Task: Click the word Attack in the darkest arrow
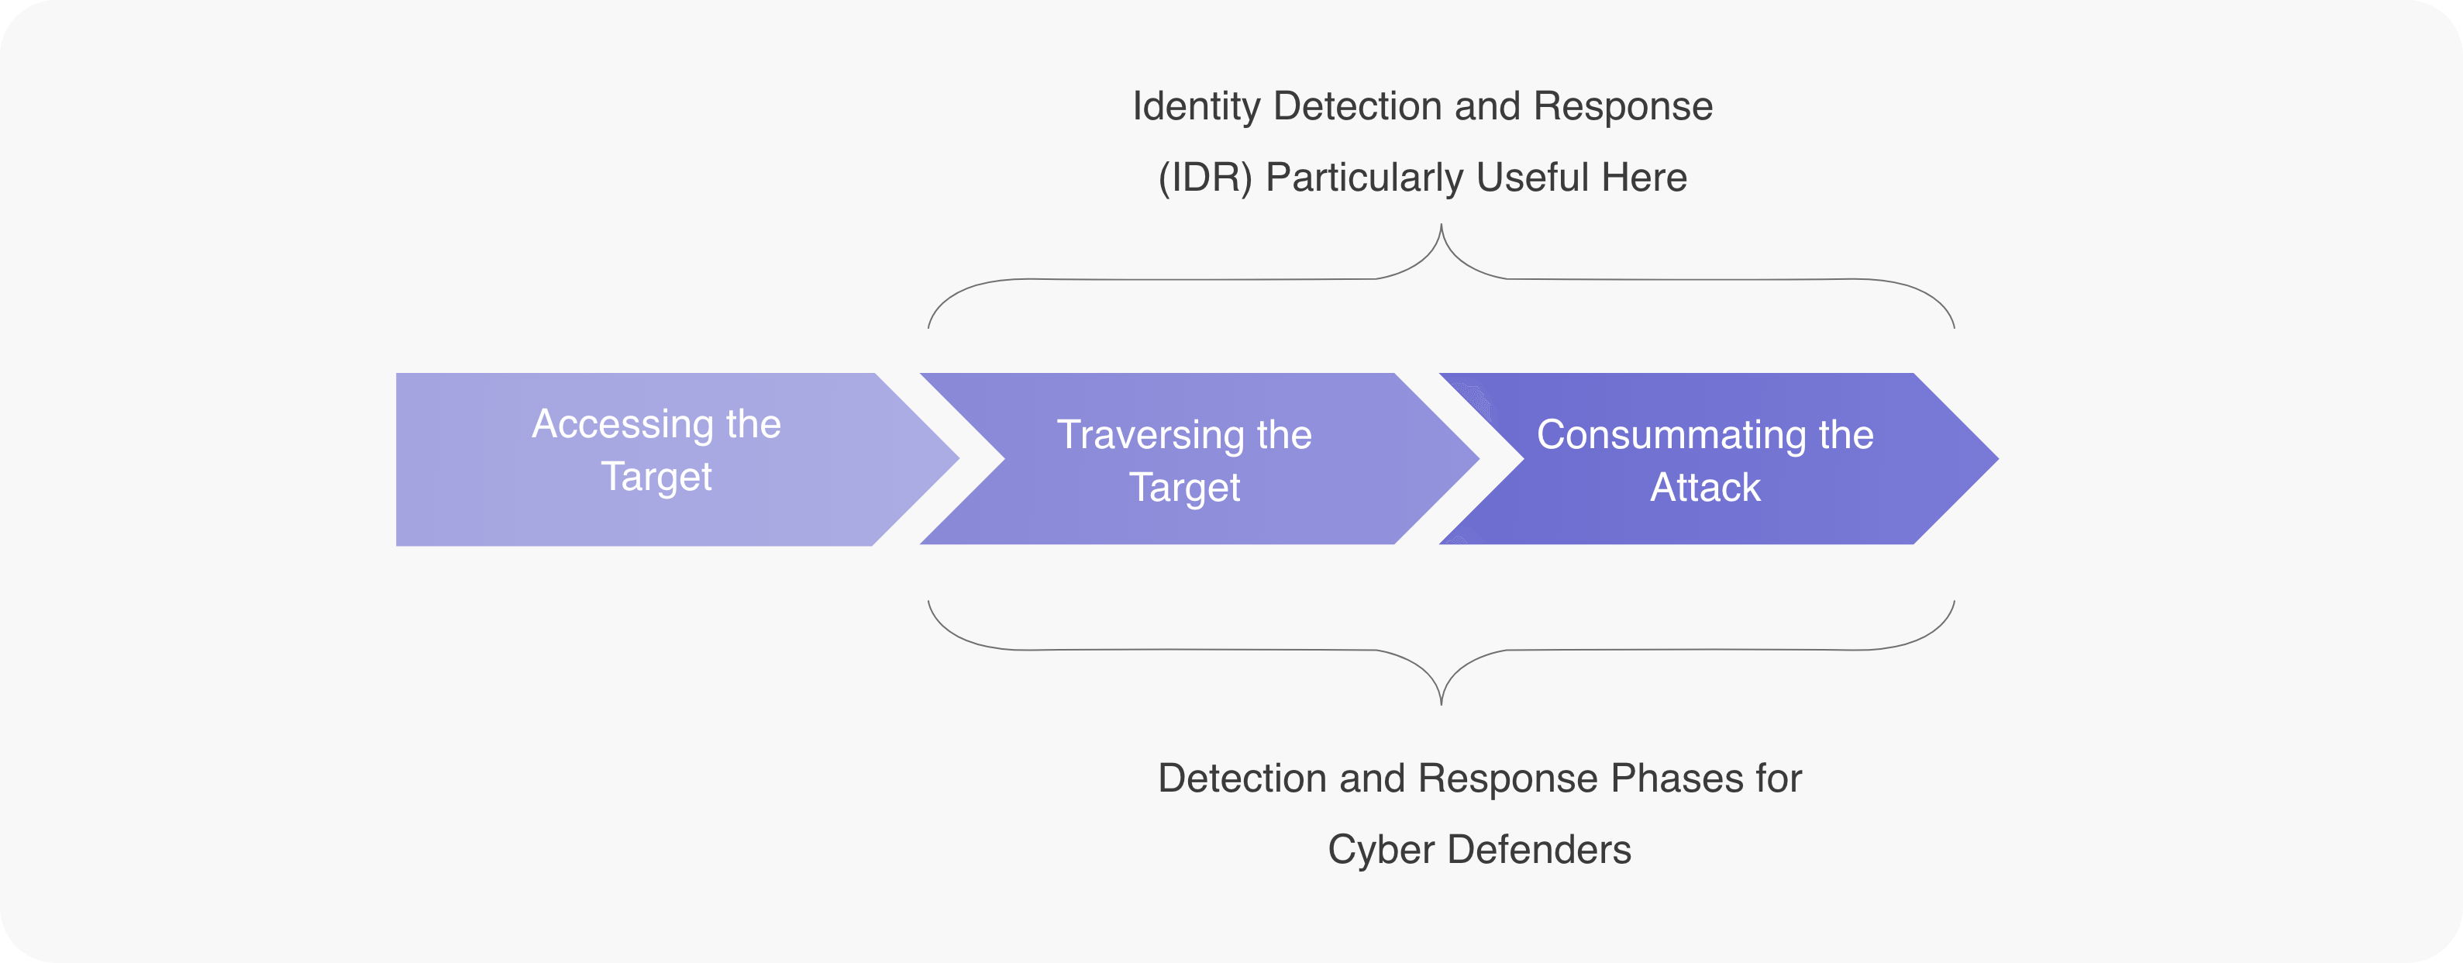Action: tap(1705, 488)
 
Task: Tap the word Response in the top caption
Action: tap(1623, 106)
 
